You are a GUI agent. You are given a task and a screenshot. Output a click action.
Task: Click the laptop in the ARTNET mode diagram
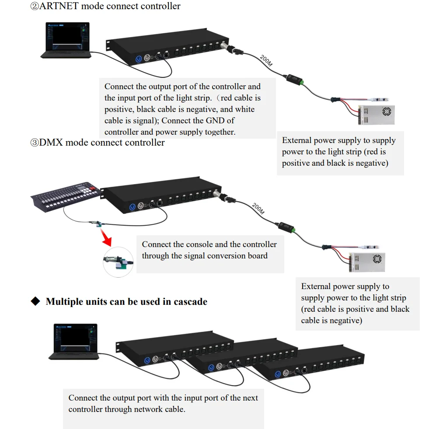pyautogui.click(x=66, y=40)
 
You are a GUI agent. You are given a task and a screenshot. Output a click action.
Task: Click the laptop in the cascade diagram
pyautogui.click(x=74, y=342)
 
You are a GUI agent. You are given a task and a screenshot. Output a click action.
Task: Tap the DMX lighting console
pyautogui.click(x=66, y=196)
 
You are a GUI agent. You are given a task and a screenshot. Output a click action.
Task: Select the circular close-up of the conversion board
pyautogui.click(x=118, y=262)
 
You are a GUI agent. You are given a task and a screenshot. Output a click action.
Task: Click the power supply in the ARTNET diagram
pyautogui.click(x=376, y=115)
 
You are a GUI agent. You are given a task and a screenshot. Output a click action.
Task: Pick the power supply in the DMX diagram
pyautogui.click(x=367, y=262)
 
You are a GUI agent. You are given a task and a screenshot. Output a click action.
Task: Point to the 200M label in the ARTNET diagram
pyautogui.click(x=266, y=60)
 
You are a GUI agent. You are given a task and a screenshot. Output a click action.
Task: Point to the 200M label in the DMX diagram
pyautogui.click(x=258, y=209)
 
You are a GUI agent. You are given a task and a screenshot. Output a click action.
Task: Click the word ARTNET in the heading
pyautogui.click(x=59, y=6)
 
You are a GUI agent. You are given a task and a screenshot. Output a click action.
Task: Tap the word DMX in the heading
pyautogui.click(x=51, y=142)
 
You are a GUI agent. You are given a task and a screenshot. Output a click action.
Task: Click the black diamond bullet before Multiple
pyautogui.click(x=35, y=301)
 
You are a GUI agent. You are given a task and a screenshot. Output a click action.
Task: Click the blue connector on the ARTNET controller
pyautogui.click(x=139, y=59)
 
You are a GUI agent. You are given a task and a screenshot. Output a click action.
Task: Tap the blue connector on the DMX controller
pyautogui.click(x=133, y=207)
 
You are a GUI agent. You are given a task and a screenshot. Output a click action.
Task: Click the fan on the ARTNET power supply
pyautogui.click(x=387, y=112)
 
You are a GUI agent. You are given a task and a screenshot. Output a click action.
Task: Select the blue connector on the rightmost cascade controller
pyautogui.click(x=278, y=374)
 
